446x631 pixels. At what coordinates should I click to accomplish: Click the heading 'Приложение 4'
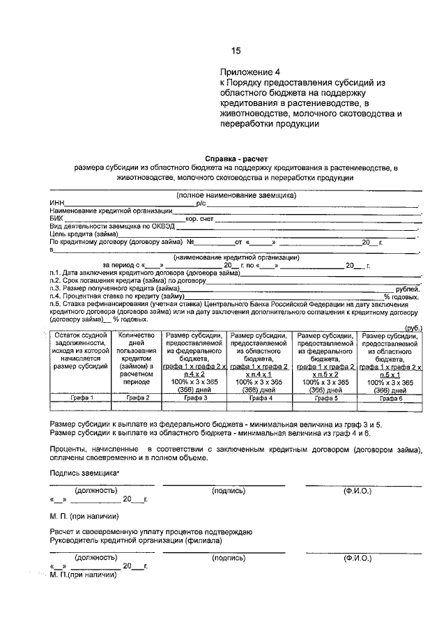click(249, 72)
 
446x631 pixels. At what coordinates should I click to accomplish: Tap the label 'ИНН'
click(56, 203)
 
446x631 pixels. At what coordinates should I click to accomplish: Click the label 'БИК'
click(56, 219)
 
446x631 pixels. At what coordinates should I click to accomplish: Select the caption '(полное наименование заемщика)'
click(236, 195)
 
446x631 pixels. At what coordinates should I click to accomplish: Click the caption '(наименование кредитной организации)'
click(237, 257)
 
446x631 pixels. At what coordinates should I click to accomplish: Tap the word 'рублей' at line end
click(407, 289)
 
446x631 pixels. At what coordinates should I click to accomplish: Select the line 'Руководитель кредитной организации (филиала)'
click(136, 540)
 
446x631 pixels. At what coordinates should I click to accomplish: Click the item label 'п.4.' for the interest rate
click(56, 296)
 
